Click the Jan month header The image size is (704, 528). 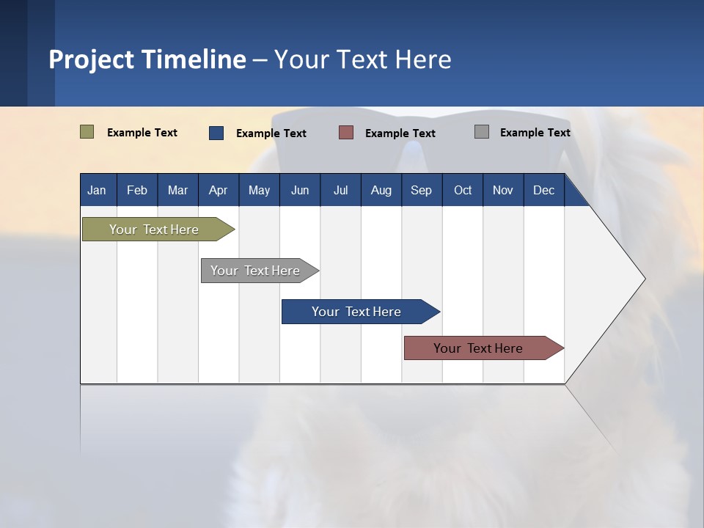click(98, 190)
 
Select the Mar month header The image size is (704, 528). click(177, 190)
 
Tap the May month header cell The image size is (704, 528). click(259, 190)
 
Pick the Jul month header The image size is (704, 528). click(340, 190)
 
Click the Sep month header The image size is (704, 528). click(421, 190)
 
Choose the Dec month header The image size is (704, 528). click(543, 190)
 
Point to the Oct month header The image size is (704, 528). click(462, 190)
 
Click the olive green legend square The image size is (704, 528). click(87, 132)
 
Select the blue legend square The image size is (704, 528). click(216, 133)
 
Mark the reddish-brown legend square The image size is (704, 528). click(346, 133)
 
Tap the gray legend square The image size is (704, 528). click(482, 132)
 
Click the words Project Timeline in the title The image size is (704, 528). click(147, 59)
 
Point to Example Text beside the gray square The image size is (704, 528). click(535, 133)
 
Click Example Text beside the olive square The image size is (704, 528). click(142, 133)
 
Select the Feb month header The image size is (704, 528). click(137, 190)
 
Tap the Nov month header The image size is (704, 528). click(503, 190)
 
